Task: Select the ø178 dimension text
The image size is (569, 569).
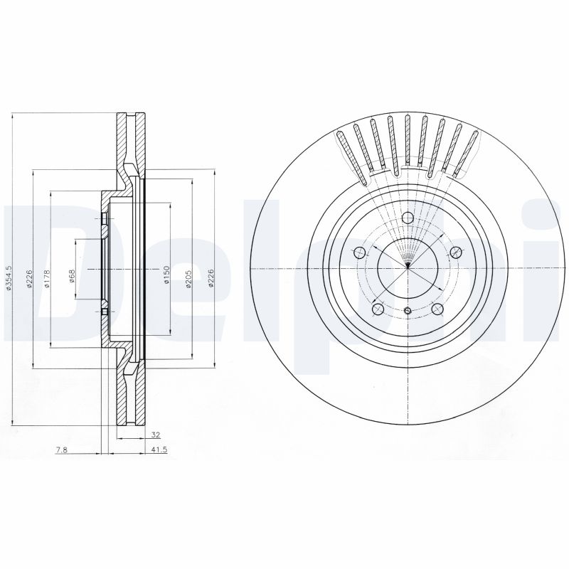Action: click(x=47, y=277)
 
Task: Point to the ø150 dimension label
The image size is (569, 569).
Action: click(x=166, y=275)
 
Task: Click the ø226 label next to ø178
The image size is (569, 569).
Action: click(x=29, y=277)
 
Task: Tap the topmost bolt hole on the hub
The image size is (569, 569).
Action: click(x=408, y=218)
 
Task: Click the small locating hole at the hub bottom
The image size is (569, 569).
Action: click(x=407, y=311)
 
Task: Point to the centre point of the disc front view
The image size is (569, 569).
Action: click(x=407, y=267)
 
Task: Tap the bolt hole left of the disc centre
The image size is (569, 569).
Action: click(x=360, y=252)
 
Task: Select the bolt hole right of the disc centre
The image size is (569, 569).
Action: click(x=455, y=251)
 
